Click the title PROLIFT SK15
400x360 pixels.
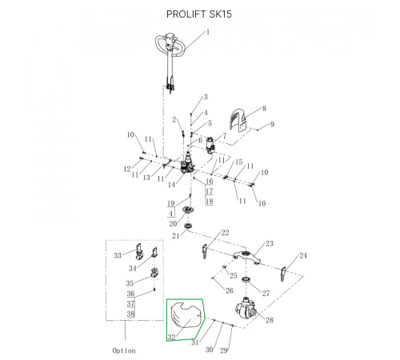(199, 14)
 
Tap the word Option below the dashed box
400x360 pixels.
(124, 350)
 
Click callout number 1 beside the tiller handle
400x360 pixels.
(208, 33)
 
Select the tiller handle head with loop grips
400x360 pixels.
(170, 45)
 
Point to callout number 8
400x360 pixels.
(264, 108)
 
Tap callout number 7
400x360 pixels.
(225, 136)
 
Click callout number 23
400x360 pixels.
(270, 243)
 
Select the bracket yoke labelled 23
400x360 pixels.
(246, 257)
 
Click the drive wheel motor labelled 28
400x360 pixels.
(246, 308)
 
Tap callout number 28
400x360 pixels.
(270, 320)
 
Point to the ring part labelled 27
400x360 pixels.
(246, 280)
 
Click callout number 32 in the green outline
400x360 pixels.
(171, 337)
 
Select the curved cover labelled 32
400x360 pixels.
(186, 315)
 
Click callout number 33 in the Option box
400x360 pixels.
(118, 255)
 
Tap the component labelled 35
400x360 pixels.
(154, 273)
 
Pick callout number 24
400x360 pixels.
(303, 255)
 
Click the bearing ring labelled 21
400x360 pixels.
(189, 226)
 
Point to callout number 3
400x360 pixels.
(206, 97)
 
